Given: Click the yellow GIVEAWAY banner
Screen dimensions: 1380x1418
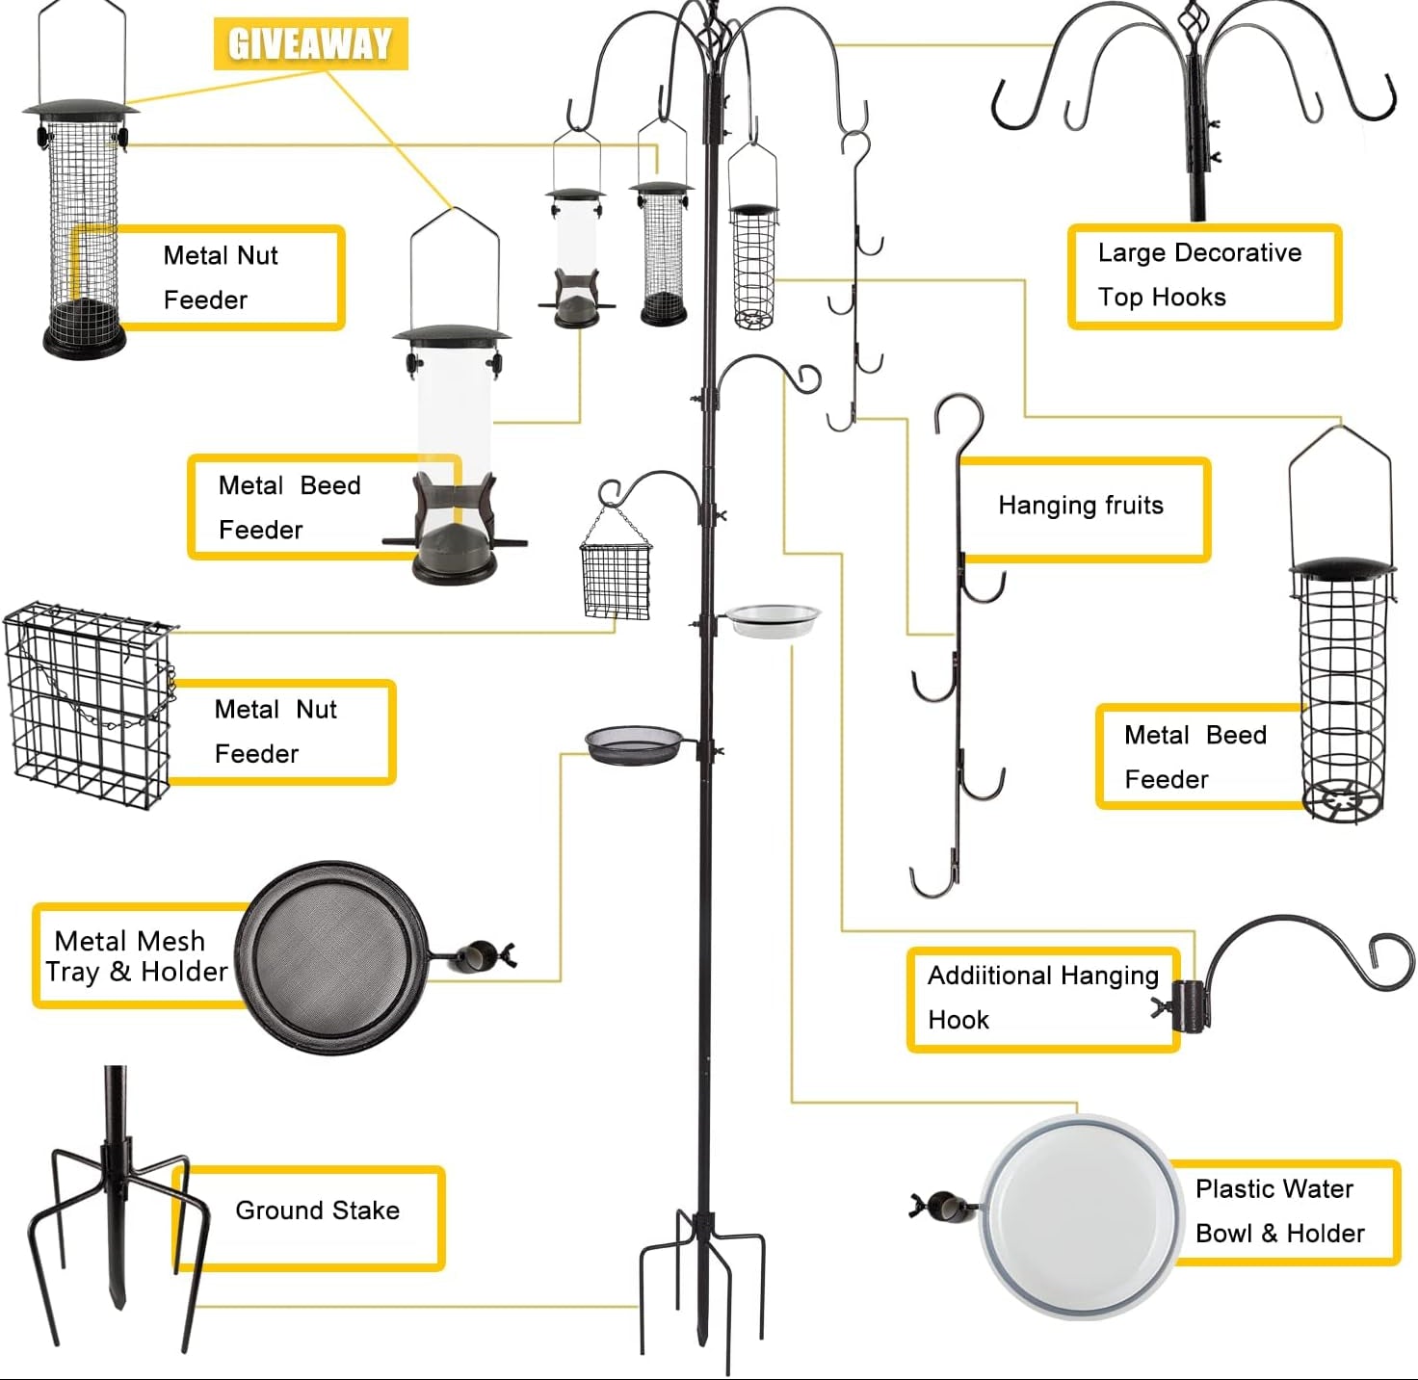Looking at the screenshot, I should coord(310,43).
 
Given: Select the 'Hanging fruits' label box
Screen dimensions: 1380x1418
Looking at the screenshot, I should coord(1082,507).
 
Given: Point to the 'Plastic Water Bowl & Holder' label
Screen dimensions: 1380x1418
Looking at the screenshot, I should coord(1280,1211).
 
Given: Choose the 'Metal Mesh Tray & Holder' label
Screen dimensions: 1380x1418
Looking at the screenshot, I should coord(135,956).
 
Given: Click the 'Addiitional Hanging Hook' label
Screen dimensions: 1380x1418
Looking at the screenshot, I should coord(1042,998).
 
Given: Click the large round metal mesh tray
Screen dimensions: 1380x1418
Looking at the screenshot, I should coord(332,956).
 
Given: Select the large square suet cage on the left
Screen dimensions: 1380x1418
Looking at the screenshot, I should coord(89,706).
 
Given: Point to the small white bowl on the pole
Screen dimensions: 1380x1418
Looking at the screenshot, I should coord(773,620).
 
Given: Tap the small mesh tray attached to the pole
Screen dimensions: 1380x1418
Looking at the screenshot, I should coord(633,745).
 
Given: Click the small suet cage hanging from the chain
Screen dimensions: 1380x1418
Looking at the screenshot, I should coord(616,580).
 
